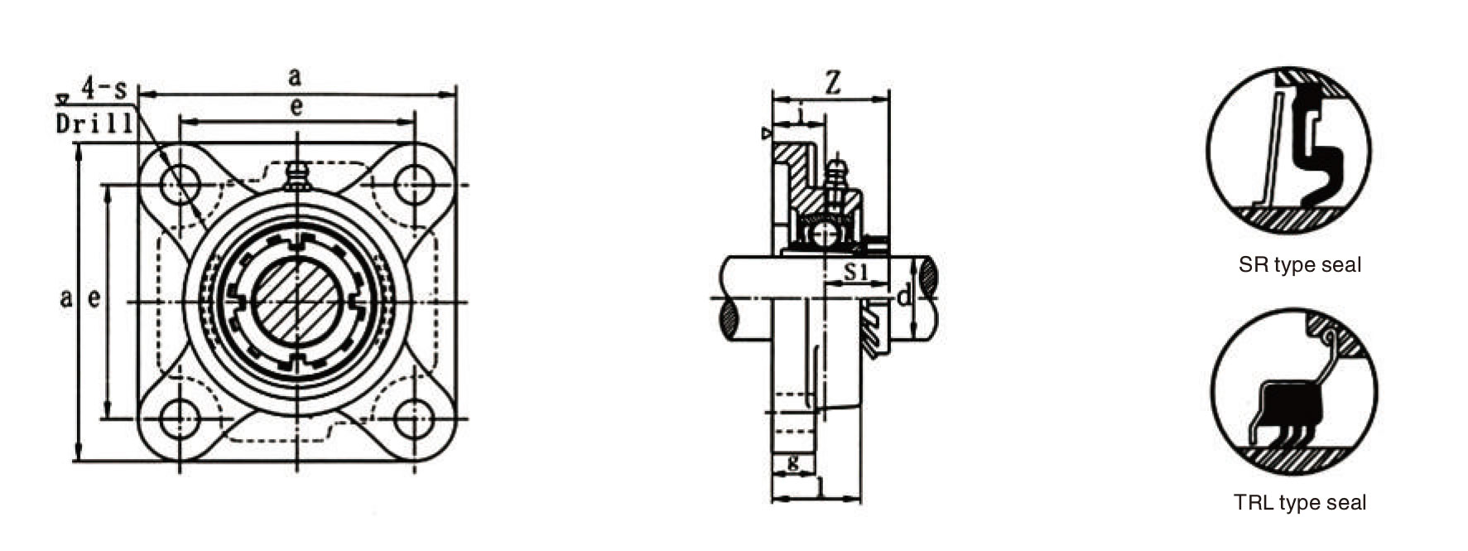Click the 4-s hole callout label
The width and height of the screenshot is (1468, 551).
point(104,85)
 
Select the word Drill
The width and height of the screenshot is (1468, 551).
point(94,124)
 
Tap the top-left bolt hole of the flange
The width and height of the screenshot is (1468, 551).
point(180,184)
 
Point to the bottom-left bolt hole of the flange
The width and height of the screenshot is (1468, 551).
point(180,419)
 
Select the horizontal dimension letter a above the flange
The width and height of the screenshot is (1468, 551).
point(295,77)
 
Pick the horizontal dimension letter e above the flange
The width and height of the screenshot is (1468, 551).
point(296,106)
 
